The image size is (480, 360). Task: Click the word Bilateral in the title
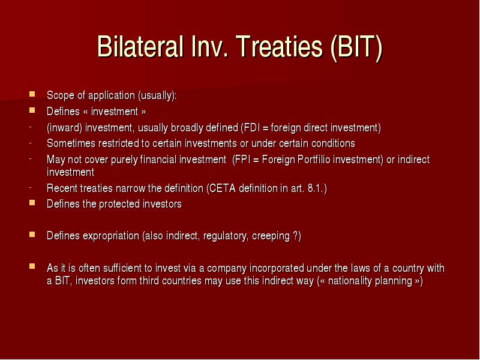click(x=140, y=47)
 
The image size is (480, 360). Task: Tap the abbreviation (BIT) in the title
click(x=356, y=47)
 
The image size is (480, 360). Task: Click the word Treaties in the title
click(x=280, y=47)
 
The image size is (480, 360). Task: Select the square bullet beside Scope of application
click(x=32, y=94)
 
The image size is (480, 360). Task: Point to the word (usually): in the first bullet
click(x=157, y=95)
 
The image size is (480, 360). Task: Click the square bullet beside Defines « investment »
click(x=32, y=110)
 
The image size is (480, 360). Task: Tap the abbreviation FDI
click(x=251, y=128)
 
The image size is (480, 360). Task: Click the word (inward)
click(x=64, y=128)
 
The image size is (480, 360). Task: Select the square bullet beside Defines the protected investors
click(x=32, y=203)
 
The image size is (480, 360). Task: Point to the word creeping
click(x=271, y=236)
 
